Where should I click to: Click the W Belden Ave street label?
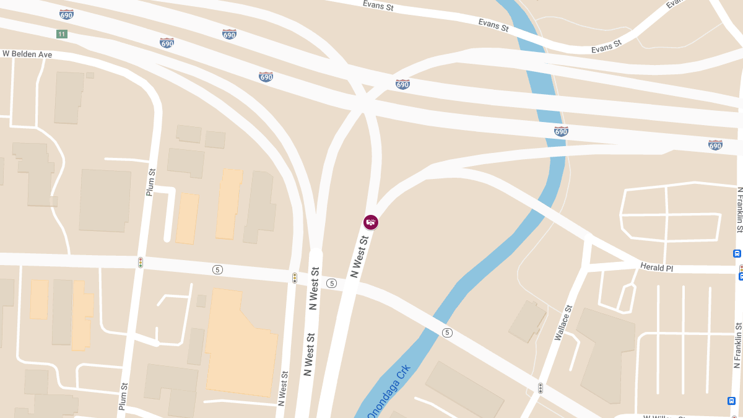coord(27,54)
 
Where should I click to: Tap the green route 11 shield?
coord(61,34)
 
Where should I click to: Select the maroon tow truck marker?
coord(371,222)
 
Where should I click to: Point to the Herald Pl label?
coord(656,267)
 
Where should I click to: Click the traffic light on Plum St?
coord(141,263)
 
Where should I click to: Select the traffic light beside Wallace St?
coord(541,388)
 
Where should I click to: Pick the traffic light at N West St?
coord(295,278)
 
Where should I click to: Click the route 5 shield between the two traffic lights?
coord(217,269)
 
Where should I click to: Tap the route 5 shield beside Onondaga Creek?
coord(447,333)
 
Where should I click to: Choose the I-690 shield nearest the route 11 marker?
coord(67,14)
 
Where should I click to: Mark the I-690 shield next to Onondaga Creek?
coord(561,131)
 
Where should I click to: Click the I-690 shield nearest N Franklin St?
coord(715,145)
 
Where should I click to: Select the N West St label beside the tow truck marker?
coord(360,255)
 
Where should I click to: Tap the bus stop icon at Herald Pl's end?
coord(737,253)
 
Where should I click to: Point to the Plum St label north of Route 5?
coord(150,182)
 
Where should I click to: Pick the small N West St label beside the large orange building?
coord(284,388)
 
